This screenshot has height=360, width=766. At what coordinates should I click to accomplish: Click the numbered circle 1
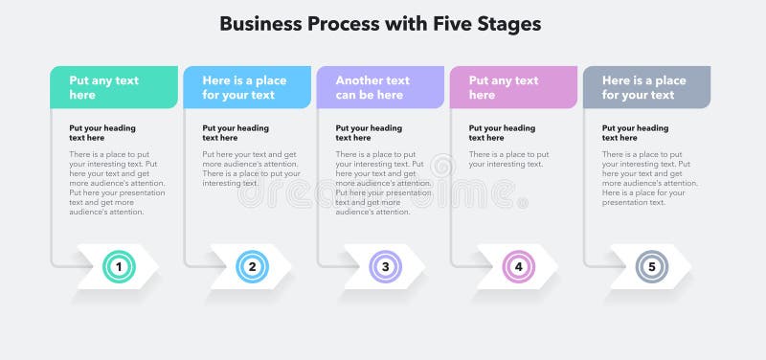[119, 267]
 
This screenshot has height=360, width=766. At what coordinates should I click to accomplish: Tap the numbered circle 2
[252, 267]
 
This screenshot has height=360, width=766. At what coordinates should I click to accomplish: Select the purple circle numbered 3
[385, 267]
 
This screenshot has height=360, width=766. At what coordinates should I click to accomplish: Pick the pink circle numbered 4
[518, 267]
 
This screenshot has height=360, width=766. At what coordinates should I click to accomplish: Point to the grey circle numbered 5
[651, 267]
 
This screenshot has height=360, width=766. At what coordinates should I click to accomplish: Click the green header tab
[114, 87]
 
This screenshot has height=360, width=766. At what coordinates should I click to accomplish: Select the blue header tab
[247, 87]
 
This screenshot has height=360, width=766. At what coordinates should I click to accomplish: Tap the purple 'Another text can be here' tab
[380, 87]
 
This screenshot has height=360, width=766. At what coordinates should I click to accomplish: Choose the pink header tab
[513, 87]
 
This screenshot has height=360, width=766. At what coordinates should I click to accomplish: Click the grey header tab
[646, 87]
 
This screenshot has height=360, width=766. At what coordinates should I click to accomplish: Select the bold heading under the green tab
[102, 133]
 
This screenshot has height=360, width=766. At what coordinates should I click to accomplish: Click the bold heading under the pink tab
[502, 133]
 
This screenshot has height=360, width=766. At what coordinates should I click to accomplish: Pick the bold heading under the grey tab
[635, 133]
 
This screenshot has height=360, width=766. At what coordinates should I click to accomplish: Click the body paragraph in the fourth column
[508, 159]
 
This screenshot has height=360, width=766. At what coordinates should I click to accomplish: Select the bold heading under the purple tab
[369, 133]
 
